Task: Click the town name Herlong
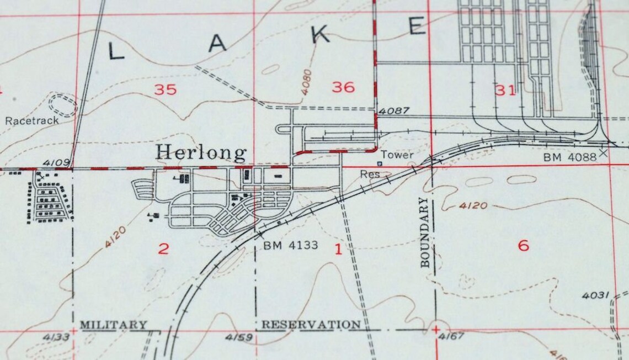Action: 201,152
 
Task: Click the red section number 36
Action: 343,87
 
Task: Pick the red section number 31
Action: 505,91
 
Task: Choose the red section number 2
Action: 163,248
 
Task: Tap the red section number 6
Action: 523,245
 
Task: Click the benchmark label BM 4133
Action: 291,245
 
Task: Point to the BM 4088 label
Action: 570,157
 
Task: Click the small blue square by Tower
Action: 379,163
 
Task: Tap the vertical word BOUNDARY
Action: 424,232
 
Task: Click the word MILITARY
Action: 114,325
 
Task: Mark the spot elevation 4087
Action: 394,111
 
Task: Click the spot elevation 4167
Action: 450,336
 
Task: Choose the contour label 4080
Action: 307,81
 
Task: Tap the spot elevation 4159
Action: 239,337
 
